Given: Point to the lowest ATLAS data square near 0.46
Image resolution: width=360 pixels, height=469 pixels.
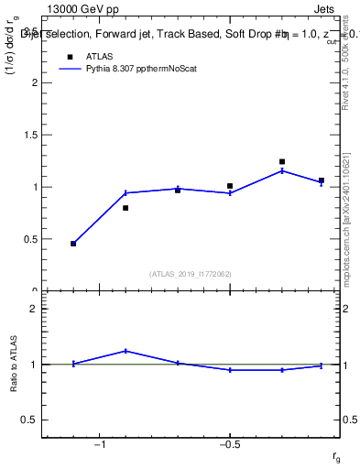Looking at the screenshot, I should click(73, 244).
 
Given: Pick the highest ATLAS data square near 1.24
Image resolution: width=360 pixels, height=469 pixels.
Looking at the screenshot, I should click(282, 162).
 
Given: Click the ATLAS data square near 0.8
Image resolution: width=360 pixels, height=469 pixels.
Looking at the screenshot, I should click(125, 208).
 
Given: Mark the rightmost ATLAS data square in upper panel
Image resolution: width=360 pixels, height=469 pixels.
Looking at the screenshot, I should click(321, 180).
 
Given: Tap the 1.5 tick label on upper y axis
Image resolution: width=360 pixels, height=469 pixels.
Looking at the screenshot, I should click(29, 136).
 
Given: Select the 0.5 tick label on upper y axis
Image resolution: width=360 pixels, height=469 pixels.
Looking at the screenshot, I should click(29, 240).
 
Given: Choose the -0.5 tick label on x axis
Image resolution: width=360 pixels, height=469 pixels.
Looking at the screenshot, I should click(228, 445).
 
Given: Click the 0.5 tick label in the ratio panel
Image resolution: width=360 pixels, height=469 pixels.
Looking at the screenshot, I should click(29, 420).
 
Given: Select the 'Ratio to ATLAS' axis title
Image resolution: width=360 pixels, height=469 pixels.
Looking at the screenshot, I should click(15, 364).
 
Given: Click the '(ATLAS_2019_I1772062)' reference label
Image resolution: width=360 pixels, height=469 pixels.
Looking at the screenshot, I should click(191, 273).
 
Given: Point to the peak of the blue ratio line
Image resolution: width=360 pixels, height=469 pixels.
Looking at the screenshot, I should click(125, 351).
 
